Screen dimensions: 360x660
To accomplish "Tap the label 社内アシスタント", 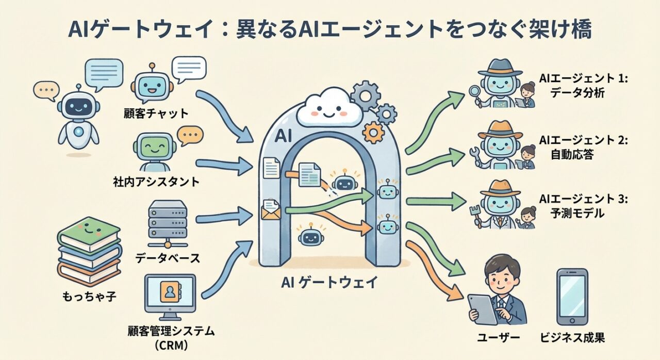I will pos(156,182).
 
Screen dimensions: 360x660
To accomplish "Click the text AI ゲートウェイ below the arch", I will pos(329,282).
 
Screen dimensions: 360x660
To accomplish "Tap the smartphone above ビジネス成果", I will pos(572,296).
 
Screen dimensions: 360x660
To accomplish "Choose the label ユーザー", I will pos(499,338).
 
